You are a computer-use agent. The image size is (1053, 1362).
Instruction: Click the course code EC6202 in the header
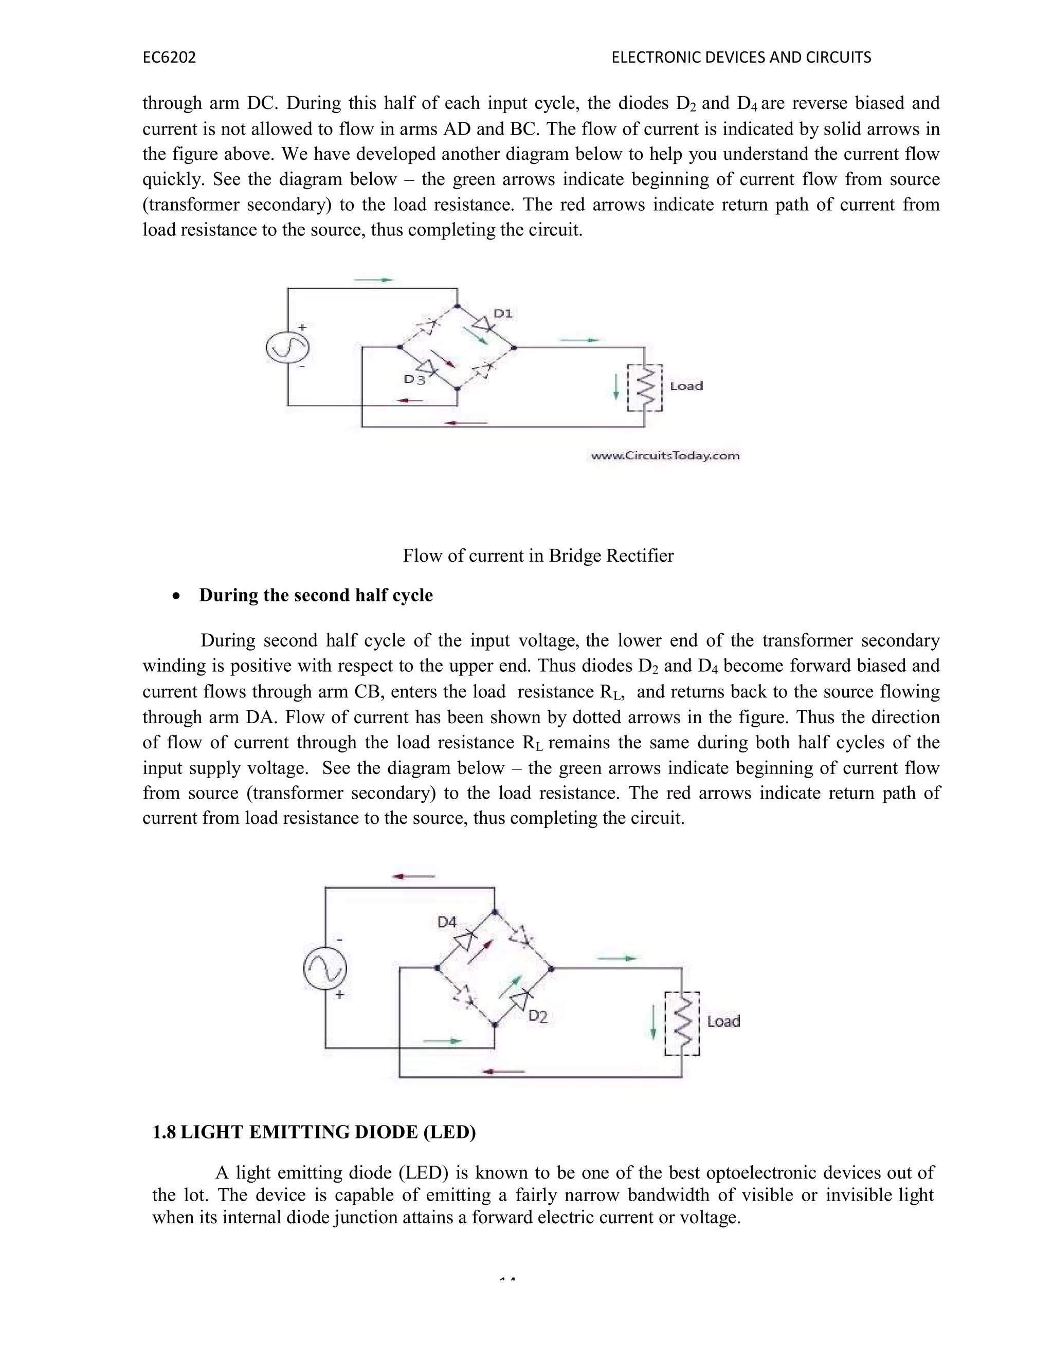[169, 58]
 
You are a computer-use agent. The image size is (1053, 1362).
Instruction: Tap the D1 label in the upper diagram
[503, 314]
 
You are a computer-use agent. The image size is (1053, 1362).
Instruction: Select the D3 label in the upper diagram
[414, 379]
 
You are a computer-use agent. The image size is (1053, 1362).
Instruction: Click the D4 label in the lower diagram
[447, 922]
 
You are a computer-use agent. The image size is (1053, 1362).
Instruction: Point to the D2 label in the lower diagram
[538, 1017]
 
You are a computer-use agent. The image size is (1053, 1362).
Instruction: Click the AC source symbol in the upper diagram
[287, 348]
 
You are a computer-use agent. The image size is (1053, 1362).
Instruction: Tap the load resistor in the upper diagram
[645, 388]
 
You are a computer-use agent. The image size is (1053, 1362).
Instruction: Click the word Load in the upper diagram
[686, 386]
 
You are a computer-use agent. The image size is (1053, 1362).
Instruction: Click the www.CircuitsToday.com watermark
[665, 456]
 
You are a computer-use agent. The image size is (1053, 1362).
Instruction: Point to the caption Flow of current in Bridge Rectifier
[538, 556]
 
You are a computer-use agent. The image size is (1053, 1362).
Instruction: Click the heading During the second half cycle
[316, 595]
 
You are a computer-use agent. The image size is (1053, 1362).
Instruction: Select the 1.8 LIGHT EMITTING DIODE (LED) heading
[314, 1132]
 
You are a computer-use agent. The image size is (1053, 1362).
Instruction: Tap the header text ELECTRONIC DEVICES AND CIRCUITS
[741, 58]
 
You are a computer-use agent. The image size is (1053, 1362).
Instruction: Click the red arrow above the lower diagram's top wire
[413, 876]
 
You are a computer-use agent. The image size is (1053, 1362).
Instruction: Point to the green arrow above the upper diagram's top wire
[374, 280]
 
